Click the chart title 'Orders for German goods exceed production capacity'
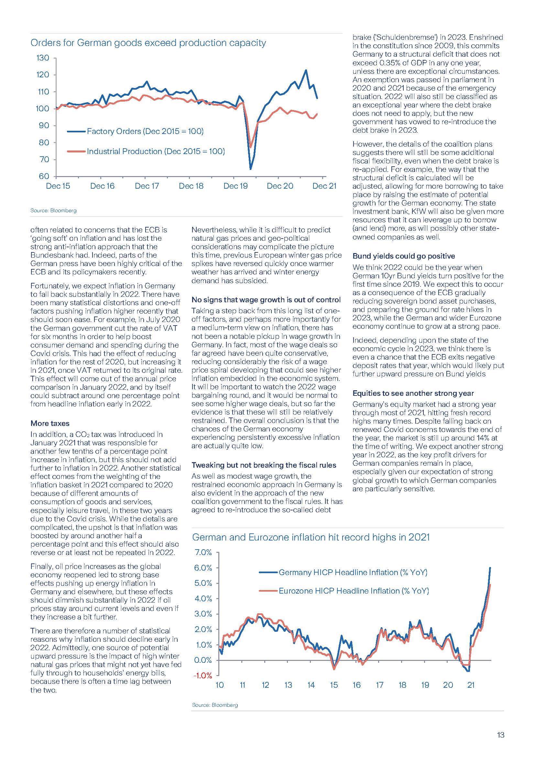(x=148, y=43)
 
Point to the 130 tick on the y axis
(x=42, y=58)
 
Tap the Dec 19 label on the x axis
(x=235, y=186)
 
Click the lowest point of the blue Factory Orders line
(x=250, y=169)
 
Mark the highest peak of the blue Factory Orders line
(x=306, y=70)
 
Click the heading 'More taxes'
(x=50, y=423)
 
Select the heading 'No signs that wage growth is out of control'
(x=266, y=300)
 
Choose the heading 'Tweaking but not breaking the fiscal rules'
(x=264, y=465)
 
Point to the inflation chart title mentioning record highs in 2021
(x=311, y=537)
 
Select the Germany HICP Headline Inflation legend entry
(x=353, y=573)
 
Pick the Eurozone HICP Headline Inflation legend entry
(x=354, y=591)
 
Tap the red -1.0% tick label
(x=202, y=675)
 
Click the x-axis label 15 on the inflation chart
(x=334, y=685)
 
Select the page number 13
(x=500, y=735)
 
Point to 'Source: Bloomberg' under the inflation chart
(x=215, y=705)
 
